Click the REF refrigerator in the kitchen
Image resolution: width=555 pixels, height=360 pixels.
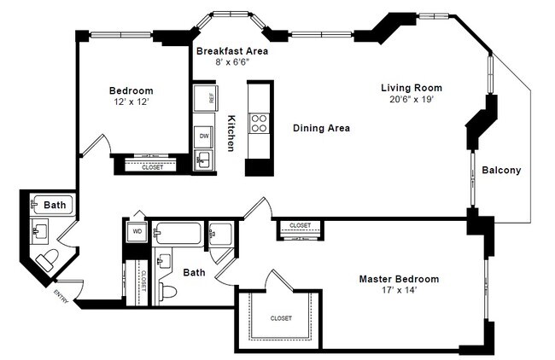(x=204, y=97)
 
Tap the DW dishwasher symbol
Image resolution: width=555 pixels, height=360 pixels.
(x=204, y=136)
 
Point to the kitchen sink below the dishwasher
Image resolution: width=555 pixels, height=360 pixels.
(x=203, y=160)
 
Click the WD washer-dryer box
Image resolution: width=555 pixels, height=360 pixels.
(x=137, y=231)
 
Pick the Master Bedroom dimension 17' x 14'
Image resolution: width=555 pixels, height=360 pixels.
(x=398, y=292)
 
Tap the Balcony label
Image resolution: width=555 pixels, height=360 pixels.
(x=501, y=171)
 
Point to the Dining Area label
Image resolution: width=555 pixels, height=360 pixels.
(x=321, y=129)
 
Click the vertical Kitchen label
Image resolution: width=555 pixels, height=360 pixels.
(x=231, y=134)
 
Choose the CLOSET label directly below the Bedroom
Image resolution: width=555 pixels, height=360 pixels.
(x=152, y=167)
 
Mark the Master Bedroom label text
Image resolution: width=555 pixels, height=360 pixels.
(x=398, y=279)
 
